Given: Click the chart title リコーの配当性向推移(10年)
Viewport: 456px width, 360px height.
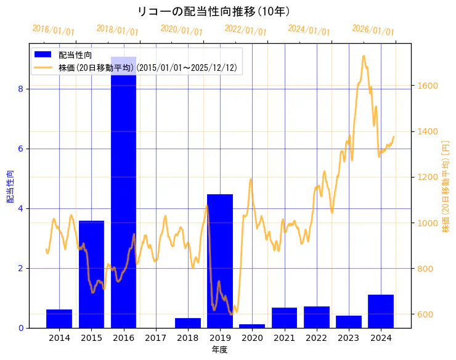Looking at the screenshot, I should pyautogui.click(x=214, y=12).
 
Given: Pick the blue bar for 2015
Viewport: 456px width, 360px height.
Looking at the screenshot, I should pyautogui.click(x=91, y=274).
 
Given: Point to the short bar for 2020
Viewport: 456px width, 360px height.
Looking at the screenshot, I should pyautogui.click(x=252, y=325).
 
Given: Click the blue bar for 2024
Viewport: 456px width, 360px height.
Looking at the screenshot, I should pyautogui.click(x=381, y=311).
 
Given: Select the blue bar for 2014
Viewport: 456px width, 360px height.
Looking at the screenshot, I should pyautogui.click(x=59, y=319).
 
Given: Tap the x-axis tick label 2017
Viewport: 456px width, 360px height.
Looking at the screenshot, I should pyautogui.click(x=156, y=338).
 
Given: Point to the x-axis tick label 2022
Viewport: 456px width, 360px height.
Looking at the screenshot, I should pyautogui.click(x=316, y=338).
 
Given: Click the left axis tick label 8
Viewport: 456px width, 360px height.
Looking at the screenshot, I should pyautogui.click(x=20, y=89).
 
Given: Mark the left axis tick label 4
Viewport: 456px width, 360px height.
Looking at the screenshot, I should pyautogui.click(x=20, y=208).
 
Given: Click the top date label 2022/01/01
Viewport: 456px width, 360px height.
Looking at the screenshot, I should pyautogui.click(x=245, y=30).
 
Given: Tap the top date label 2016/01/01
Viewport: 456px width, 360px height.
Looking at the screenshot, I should pyautogui.click(x=53, y=30).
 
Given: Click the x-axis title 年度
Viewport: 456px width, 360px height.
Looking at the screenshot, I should pyautogui.click(x=220, y=350).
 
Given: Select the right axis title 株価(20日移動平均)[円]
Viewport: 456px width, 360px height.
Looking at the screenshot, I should pyautogui.click(x=446, y=185).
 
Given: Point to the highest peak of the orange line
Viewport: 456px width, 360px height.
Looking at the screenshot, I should pyautogui.click(x=364, y=56).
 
